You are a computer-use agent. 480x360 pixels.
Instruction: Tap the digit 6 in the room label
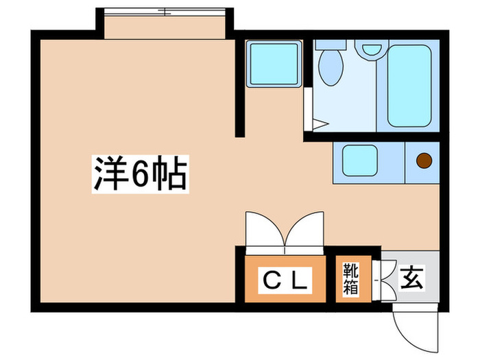click(139, 176)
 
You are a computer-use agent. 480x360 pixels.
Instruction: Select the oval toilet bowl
click(331, 69)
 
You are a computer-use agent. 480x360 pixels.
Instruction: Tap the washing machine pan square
click(274, 64)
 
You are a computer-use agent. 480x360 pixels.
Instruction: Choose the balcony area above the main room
click(164, 27)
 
